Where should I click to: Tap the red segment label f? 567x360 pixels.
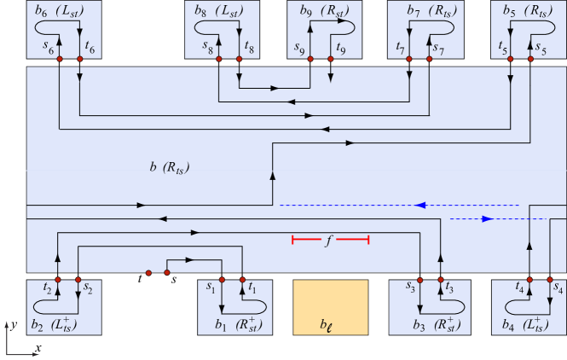click(x=329, y=241)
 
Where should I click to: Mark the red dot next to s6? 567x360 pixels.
click(x=60, y=58)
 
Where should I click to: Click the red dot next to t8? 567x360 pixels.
click(x=240, y=58)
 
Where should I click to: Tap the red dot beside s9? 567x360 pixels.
click(x=310, y=58)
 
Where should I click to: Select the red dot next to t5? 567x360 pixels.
click(x=511, y=58)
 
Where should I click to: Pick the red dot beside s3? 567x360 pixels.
click(x=421, y=279)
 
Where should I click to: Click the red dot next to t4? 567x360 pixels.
click(x=529, y=279)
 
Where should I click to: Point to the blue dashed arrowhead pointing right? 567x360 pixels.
click(x=488, y=219)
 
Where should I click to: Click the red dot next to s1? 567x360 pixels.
click(x=223, y=279)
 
